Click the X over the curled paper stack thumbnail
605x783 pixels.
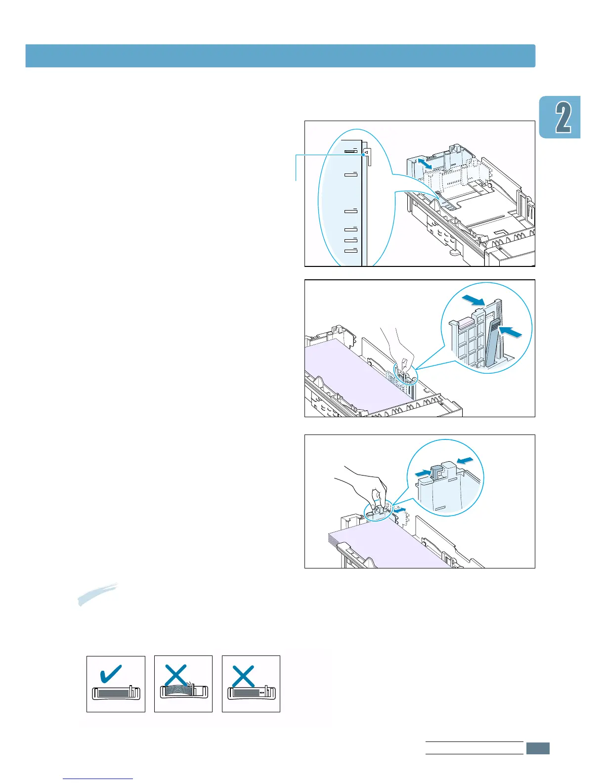click(x=176, y=675)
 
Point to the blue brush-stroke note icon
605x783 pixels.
click(x=97, y=594)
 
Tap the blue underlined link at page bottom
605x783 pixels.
click(x=98, y=779)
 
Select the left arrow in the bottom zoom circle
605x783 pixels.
click(x=423, y=473)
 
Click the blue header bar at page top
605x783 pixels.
click(x=280, y=56)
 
